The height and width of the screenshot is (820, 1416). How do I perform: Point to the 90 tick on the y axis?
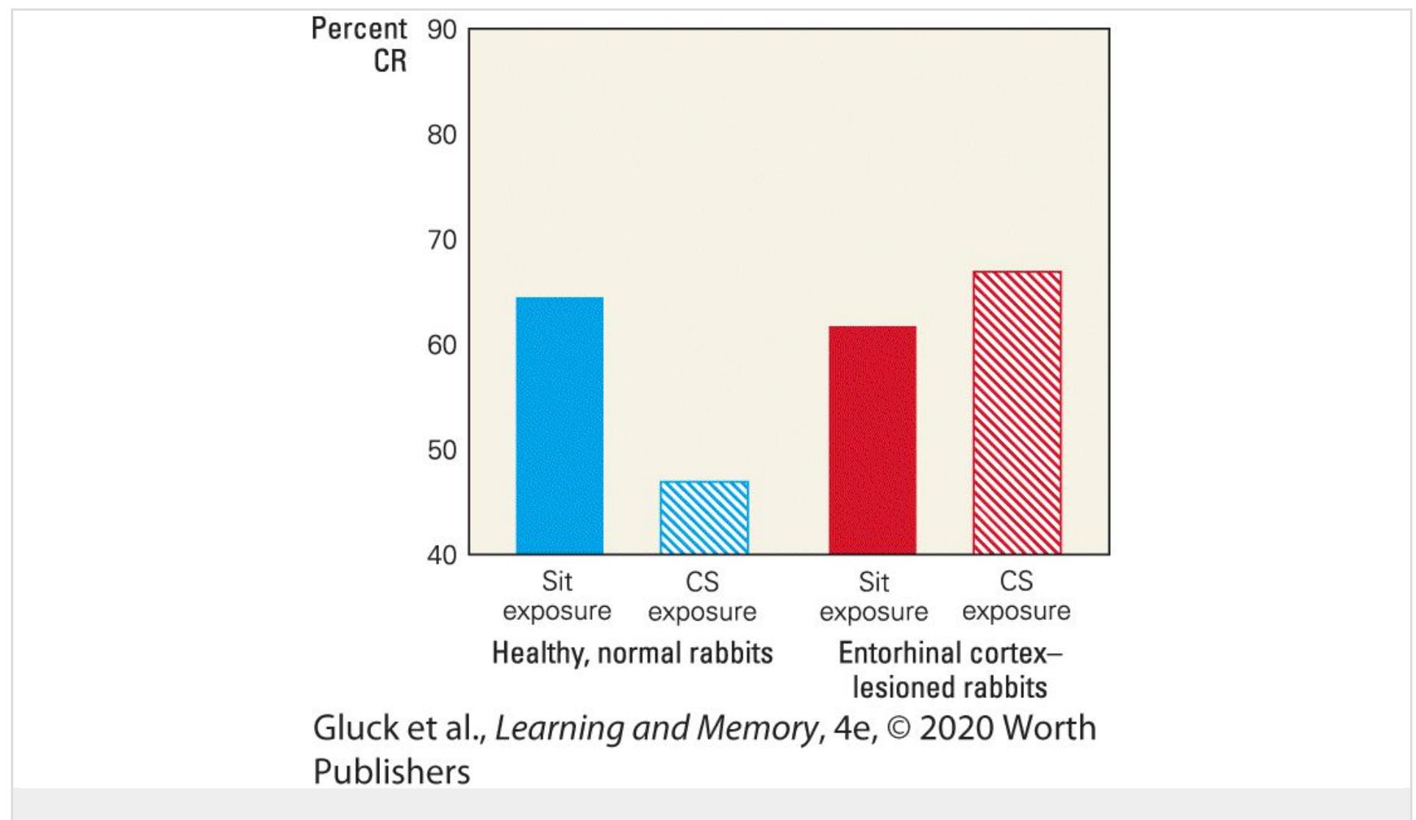point(442,30)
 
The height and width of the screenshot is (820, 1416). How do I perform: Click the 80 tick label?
point(442,135)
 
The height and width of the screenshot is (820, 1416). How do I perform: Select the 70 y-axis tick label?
point(442,240)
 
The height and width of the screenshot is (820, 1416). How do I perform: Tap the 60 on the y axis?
point(442,345)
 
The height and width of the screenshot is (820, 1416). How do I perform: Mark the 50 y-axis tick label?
point(442,450)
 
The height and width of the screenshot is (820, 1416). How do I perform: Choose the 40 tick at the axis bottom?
point(442,555)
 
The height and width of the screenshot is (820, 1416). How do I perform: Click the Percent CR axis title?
point(360,44)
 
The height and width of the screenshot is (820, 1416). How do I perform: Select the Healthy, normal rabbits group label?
point(632,653)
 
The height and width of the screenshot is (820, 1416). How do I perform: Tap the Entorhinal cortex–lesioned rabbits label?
point(950,670)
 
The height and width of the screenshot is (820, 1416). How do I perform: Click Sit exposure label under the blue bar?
point(557,596)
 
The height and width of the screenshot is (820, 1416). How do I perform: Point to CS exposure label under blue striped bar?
point(702,596)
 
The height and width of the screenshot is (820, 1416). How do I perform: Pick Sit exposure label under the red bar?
point(873,596)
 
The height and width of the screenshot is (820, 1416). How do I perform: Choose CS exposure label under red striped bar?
point(1016,596)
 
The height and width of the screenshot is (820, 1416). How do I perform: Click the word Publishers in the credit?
point(391,771)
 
